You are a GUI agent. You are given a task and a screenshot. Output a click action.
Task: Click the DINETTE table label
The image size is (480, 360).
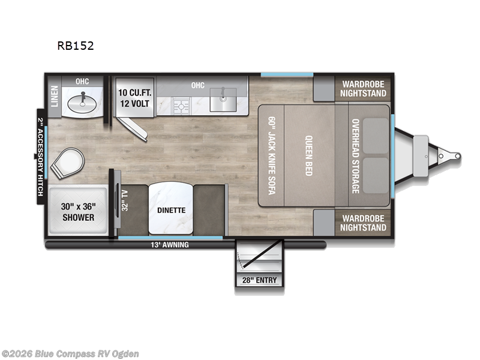[172, 210]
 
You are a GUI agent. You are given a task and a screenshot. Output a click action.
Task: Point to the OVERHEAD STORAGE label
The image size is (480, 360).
[355, 155]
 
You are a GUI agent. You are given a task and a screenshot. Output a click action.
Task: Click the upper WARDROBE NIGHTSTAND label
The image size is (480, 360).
[363, 89]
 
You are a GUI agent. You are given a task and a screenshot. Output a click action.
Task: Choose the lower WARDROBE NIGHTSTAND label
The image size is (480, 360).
[363, 223]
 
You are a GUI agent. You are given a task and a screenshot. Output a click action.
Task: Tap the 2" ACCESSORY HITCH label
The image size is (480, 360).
[41, 157]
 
